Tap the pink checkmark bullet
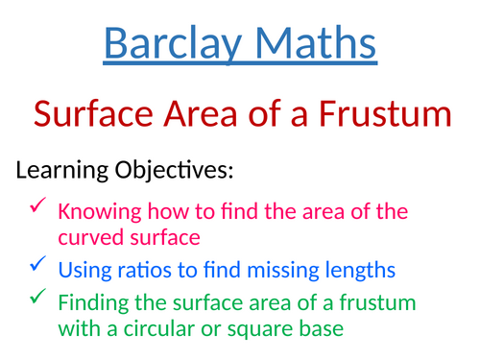point(37,206)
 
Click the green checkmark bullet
point(37,298)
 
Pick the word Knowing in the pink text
point(94,211)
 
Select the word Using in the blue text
point(84,268)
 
